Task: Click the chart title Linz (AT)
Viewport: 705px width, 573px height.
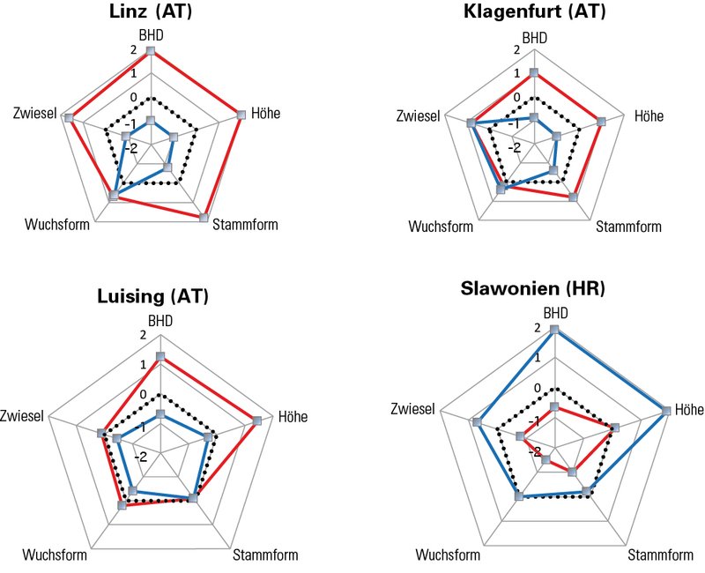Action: click(152, 13)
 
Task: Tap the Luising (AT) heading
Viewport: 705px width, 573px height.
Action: click(152, 296)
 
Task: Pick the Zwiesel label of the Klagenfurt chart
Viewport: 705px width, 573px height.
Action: click(418, 116)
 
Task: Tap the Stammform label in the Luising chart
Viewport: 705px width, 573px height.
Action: click(265, 555)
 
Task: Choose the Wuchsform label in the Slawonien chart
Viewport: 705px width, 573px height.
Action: click(448, 555)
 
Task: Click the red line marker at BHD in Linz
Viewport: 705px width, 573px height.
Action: click(151, 52)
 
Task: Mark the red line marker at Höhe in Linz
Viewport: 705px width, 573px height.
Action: click(241, 112)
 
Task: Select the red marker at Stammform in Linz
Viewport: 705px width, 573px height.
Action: click(204, 217)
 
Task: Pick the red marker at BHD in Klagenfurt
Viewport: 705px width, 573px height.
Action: click(534, 72)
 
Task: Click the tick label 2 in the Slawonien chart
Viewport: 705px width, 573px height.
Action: click(538, 329)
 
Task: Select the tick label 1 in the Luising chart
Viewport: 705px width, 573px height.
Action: click(144, 365)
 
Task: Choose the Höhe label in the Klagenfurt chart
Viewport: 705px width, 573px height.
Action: click(649, 116)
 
